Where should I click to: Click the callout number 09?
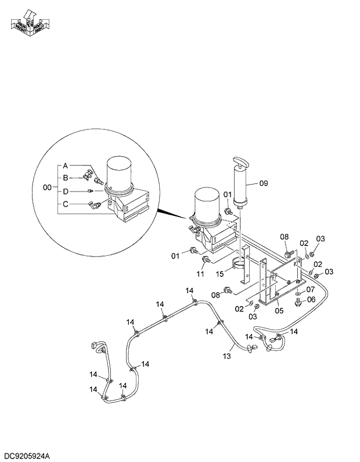click(x=263, y=183)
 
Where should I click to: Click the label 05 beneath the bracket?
click(x=279, y=311)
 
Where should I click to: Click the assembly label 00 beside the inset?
click(x=48, y=187)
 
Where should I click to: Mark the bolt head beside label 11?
click(x=206, y=259)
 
